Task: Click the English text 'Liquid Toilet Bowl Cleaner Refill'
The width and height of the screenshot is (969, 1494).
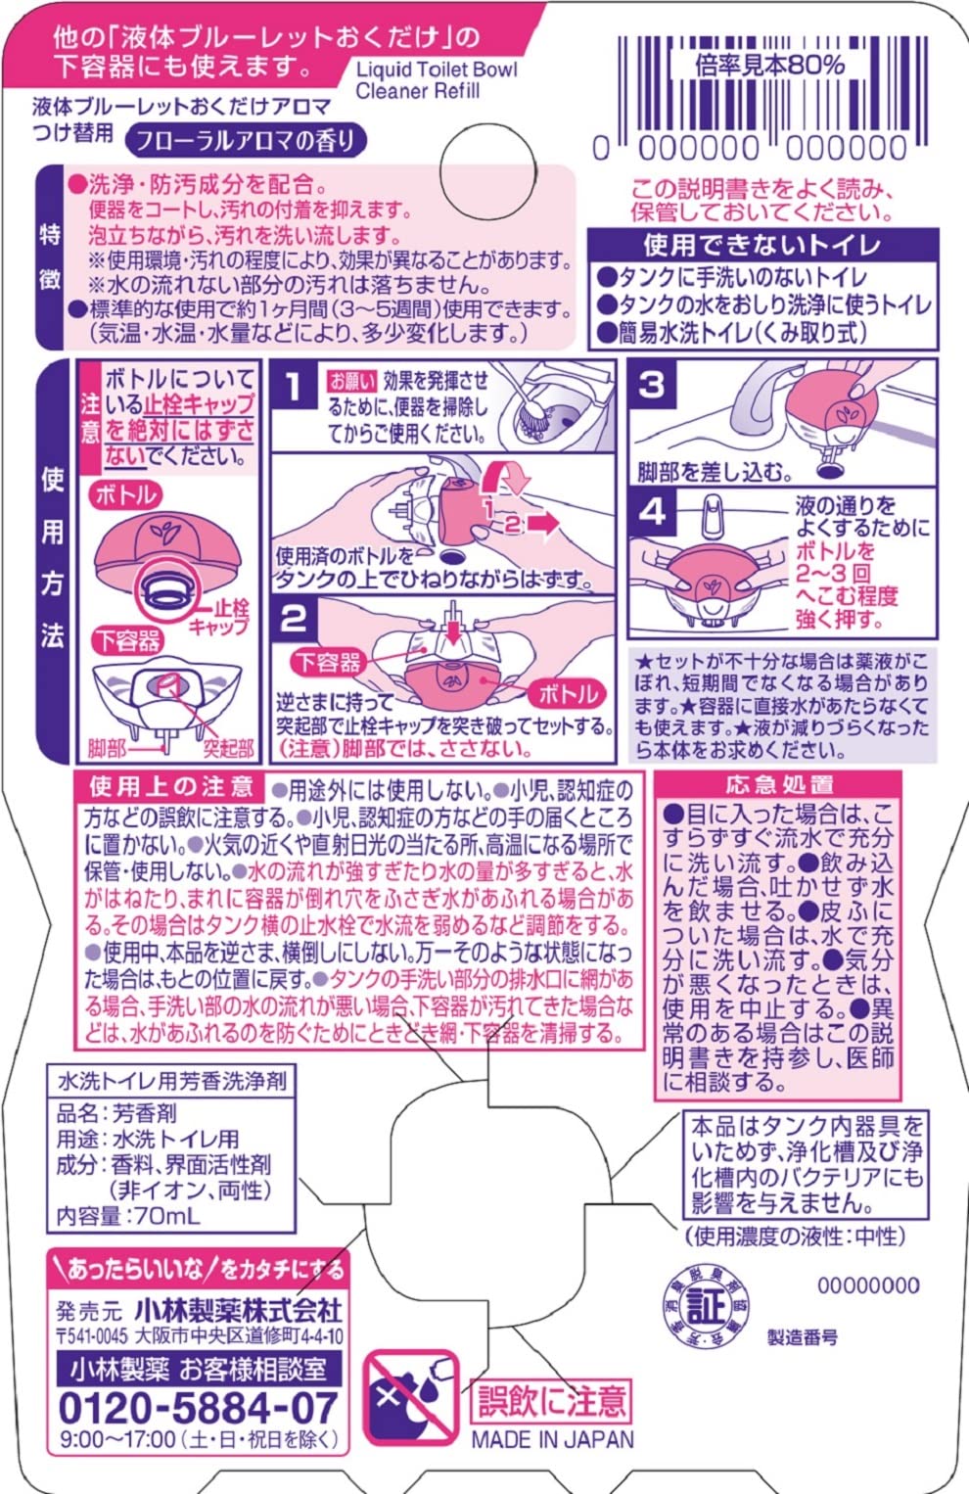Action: click(x=436, y=79)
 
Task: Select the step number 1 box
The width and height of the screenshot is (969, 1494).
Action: click(x=293, y=385)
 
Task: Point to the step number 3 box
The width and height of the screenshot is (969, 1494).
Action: click(x=651, y=385)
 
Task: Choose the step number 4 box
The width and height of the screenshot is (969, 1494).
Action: click(x=651, y=511)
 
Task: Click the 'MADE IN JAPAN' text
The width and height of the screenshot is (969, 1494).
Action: click(x=552, y=1439)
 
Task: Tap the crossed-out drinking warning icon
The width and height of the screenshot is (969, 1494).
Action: click(x=411, y=1398)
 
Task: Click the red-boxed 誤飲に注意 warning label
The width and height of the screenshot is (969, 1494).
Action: click(x=550, y=1401)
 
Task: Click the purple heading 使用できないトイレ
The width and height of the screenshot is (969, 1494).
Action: click(x=761, y=245)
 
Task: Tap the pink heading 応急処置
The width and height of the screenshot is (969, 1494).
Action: click(x=779, y=785)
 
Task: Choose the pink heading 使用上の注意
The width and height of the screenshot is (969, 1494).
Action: click(x=171, y=786)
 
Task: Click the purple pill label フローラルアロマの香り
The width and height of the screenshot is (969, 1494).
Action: click(x=245, y=140)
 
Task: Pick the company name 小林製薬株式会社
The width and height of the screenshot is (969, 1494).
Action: click(x=238, y=1309)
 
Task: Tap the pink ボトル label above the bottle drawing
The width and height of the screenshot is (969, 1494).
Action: click(x=125, y=494)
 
